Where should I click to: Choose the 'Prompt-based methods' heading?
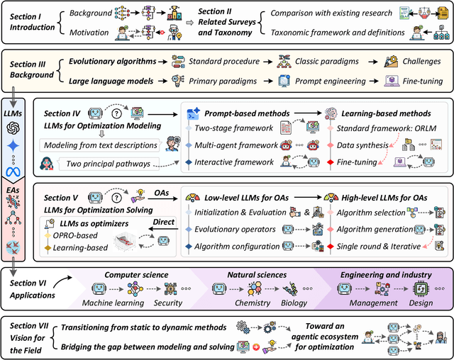point(245,113)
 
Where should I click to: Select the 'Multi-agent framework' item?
point(236,145)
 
